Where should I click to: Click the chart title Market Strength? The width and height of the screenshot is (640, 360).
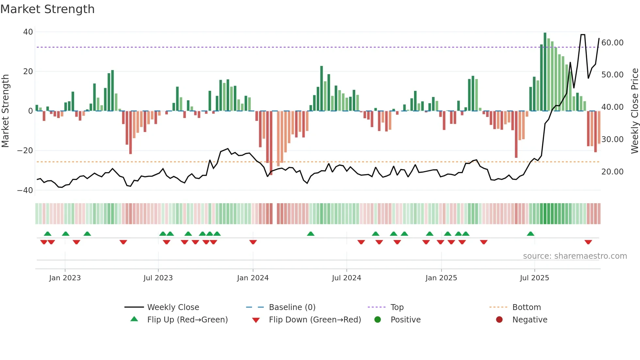click(47, 9)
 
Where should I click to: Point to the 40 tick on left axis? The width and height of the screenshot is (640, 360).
click(28, 32)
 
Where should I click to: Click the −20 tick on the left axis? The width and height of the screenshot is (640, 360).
click(25, 151)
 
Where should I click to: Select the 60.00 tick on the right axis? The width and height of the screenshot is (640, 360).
click(612, 43)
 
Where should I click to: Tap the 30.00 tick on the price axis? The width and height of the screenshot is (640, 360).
click(612, 139)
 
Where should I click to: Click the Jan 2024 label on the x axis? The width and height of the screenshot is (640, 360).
click(253, 278)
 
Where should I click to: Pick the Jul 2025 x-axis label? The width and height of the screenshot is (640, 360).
click(534, 278)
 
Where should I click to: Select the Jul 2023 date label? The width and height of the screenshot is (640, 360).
click(158, 278)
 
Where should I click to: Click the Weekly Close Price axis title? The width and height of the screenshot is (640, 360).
click(634, 111)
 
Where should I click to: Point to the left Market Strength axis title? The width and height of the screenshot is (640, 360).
click(5, 111)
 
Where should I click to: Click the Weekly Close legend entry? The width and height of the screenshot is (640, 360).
click(173, 307)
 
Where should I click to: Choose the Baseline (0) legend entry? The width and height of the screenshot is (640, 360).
click(292, 307)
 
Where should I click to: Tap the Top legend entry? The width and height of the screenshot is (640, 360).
click(397, 307)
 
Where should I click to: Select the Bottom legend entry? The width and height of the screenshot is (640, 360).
click(526, 307)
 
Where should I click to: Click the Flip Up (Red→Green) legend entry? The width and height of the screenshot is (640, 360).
click(187, 320)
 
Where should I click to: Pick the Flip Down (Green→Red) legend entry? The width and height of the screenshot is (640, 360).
click(315, 320)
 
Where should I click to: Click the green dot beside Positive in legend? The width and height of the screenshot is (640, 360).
click(377, 320)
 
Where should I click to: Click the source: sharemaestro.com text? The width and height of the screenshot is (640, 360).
click(575, 256)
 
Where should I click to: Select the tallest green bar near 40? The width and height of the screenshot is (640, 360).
click(545, 72)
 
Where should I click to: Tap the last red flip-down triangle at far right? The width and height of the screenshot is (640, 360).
click(588, 242)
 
